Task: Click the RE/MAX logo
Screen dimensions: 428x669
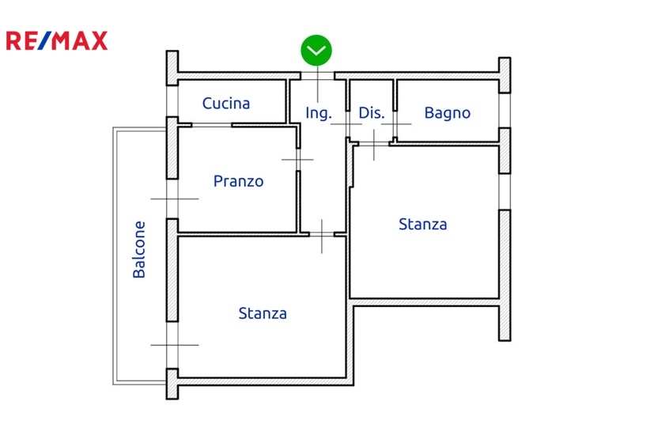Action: point(57,41)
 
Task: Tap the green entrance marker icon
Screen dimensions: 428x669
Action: point(316,51)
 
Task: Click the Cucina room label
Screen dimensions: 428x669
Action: point(226,103)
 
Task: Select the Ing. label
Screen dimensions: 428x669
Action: point(319,113)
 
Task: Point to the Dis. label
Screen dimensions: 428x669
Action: point(372,113)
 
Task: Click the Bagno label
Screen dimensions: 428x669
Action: point(448,113)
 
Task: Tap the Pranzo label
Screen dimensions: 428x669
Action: point(239,181)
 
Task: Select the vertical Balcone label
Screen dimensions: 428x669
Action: point(139,248)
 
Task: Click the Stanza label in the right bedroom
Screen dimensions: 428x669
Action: point(423,224)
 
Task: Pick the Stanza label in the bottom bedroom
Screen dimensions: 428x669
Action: point(263,313)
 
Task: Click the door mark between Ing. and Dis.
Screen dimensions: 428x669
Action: point(346,125)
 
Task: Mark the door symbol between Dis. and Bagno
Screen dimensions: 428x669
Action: point(395,125)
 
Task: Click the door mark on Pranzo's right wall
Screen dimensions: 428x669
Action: point(297,159)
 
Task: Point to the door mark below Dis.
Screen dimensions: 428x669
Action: point(372,142)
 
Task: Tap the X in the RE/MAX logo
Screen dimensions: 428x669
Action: point(98,41)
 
